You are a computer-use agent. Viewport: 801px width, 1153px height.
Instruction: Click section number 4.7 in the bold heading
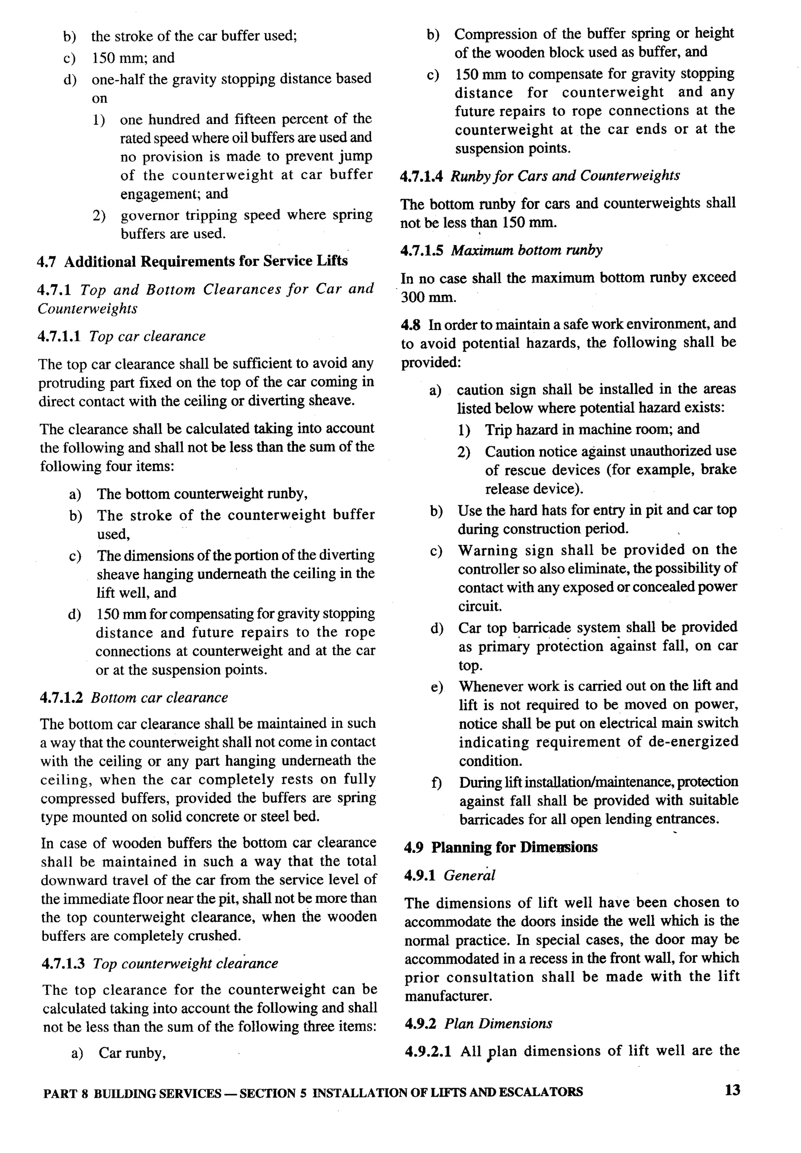[x=46, y=261]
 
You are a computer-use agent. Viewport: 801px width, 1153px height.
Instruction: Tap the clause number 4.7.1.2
[x=60, y=698]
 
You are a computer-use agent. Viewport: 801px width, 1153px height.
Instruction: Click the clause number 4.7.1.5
[x=422, y=250]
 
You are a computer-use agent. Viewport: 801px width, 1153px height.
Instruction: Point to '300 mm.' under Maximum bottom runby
[x=429, y=298]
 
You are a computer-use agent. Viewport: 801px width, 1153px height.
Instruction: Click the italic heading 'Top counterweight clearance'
[x=185, y=964]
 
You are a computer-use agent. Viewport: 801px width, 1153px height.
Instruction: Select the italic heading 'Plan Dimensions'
[x=498, y=1023]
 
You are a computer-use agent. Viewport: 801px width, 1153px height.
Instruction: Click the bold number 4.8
[x=410, y=325]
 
